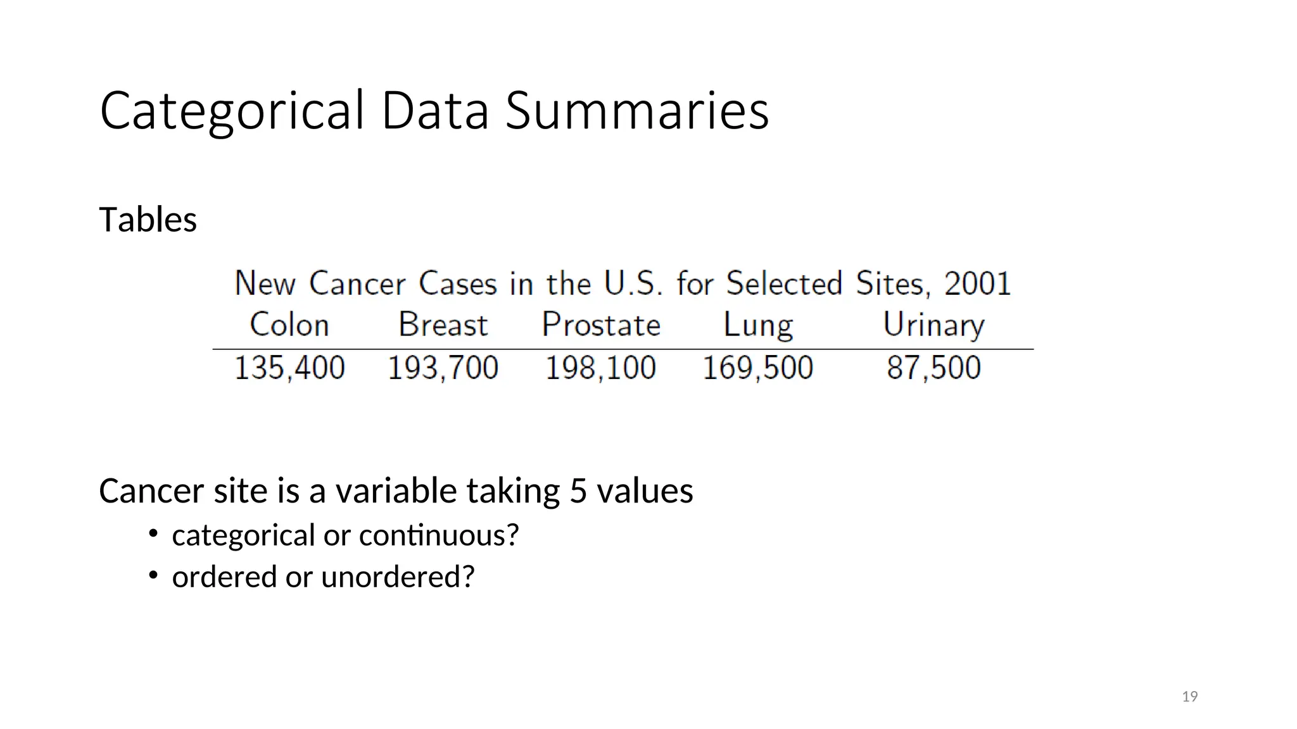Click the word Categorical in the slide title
point(232,111)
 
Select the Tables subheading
point(148,220)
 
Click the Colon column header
point(289,325)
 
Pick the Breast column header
point(443,325)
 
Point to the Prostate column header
point(601,325)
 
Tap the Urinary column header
point(933,325)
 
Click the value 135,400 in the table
point(289,368)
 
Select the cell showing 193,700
point(443,368)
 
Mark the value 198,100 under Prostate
point(600,368)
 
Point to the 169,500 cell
point(757,368)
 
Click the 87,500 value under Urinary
point(933,368)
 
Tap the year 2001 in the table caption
point(977,283)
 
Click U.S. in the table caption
point(633,283)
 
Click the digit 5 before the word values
point(578,491)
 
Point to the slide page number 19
point(1190,697)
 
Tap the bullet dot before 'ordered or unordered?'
point(153,575)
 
